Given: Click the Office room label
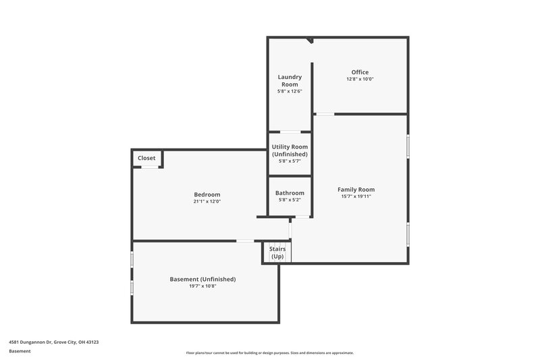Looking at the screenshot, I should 360,72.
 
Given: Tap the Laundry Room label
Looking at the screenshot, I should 290,80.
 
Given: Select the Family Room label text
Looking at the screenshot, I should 356,189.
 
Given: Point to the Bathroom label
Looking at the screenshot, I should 290,193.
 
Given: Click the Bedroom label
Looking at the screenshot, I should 207,195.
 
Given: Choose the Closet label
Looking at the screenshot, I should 146,158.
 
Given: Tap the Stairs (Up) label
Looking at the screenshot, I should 277,253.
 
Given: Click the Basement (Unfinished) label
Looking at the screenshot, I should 202,279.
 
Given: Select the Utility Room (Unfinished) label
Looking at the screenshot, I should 290,150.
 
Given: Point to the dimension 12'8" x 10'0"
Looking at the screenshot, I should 360,79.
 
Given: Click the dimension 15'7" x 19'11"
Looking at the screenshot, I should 356,197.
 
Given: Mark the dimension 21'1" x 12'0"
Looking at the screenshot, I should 207,201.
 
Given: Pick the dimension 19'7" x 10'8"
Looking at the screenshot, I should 202,286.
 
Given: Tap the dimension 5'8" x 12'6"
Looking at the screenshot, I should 290,91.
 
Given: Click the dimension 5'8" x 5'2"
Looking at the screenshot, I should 290,200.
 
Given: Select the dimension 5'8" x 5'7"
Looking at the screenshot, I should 290,161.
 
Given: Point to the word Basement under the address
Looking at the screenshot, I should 20,351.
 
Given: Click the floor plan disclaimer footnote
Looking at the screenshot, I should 269,353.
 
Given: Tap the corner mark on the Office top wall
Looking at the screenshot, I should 310,41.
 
